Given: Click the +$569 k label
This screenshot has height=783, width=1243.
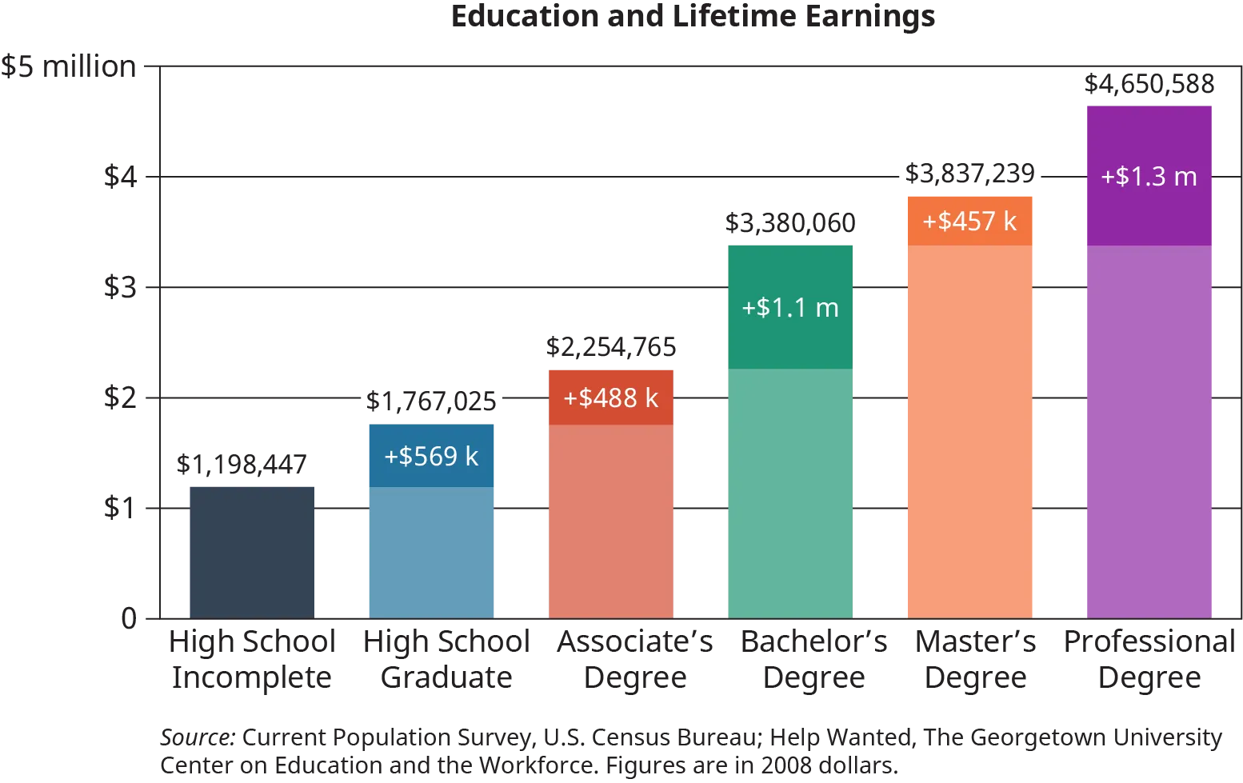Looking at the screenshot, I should pos(431,456).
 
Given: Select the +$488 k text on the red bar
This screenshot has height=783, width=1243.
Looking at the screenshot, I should pos(610,397).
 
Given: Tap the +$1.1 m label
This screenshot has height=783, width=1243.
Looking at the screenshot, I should pos(789,307).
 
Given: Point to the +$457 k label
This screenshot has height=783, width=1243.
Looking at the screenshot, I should pos(969,221).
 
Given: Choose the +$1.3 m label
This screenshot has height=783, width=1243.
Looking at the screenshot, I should pos(1149,176).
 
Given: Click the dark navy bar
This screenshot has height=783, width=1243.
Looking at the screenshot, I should pos(253,552).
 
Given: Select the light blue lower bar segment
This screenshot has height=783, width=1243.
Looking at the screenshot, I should pos(431,552).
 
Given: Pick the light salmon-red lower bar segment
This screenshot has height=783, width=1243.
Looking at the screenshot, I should pos(610,520).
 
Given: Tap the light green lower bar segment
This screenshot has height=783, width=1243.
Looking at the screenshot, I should pos(789,492).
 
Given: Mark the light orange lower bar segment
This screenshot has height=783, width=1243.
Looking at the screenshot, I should pos(969,432).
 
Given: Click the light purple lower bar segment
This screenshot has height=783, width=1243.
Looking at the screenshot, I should pos(1149,432).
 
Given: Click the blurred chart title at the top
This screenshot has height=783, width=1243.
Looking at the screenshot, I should pos(693,18).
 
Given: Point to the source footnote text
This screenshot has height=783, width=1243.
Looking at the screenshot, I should pos(692,749).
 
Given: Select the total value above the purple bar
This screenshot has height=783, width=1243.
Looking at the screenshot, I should pos(1149,82).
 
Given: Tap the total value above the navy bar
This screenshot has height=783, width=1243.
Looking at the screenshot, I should pos(240,464).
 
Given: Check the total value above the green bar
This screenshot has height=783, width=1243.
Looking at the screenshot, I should pos(789,223).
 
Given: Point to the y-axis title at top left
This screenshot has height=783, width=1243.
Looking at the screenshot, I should pos(70,66).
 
